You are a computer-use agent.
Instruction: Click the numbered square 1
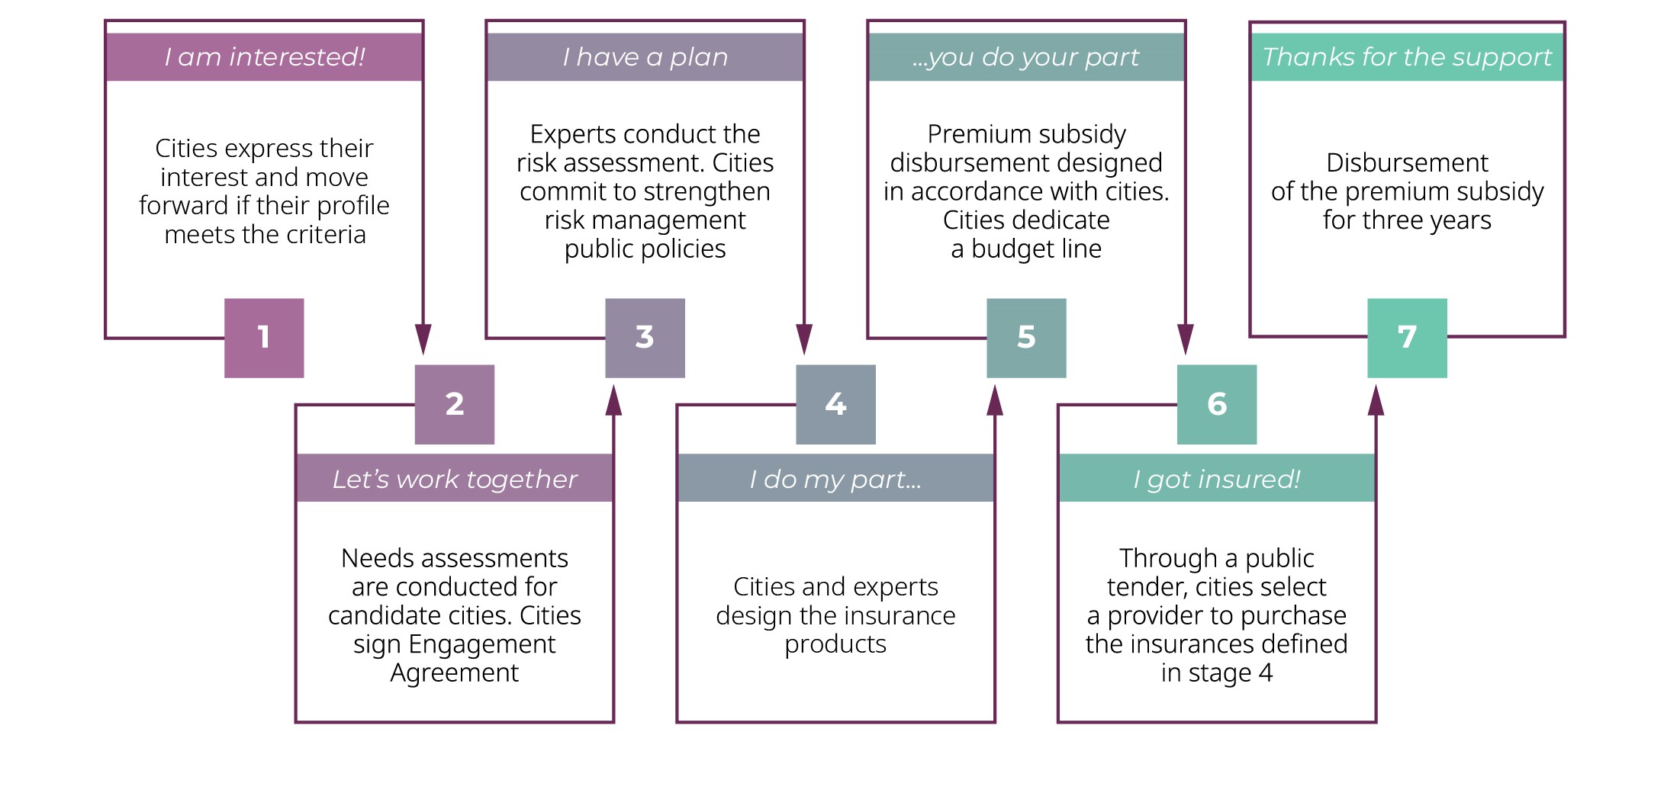[x=264, y=338]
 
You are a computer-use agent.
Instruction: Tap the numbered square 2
[x=455, y=405]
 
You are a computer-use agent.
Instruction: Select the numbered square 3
[x=645, y=338]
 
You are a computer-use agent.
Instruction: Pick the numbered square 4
[x=835, y=405]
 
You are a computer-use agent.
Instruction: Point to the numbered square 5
[x=1026, y=338]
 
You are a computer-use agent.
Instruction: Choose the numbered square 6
[x=1217, y=405]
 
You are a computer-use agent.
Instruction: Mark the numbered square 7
[x=1407, y=338]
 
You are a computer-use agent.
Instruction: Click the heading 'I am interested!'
[x=265, y=57]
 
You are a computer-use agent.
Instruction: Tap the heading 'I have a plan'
[x=645, y=57]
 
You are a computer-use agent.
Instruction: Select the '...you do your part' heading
[x=1026, y=57]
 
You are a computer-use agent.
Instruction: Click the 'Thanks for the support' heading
[x=1407, y=57]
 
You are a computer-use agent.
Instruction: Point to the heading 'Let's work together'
[x=455, y=479]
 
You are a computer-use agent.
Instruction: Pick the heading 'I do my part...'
[x=835, y=479]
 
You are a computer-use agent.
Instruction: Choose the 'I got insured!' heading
[x=1217, y=479]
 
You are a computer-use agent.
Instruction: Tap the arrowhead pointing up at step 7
[x=1376, y=400]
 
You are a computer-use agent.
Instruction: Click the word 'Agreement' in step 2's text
[x=455, y=674]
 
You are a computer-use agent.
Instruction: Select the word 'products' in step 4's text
[x=835, y=645]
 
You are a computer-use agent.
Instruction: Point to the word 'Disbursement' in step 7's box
[x=1407, y=162]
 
